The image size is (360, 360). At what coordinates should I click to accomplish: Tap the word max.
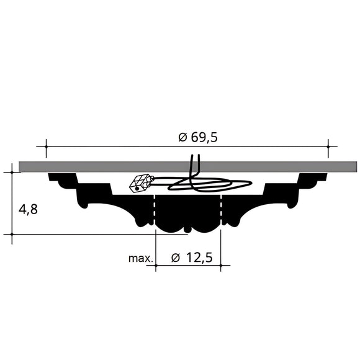click(x=140, y=257)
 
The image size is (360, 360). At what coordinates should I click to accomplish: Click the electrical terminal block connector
click(x=141, y=182)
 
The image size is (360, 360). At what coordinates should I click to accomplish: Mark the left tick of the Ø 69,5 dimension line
click(x=45, y=147)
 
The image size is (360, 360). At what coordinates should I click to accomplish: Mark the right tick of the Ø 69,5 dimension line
click(x=328, y=147)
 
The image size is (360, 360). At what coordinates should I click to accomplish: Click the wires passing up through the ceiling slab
click(x=193, y=166)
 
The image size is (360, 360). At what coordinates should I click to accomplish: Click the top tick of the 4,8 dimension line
click(x=12, y=172)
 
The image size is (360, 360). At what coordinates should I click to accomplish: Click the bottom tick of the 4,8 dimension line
click(x=12, y=234)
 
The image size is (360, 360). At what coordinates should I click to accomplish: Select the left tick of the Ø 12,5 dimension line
click(x=155, y=266)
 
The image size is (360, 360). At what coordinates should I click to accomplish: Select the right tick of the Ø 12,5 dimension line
click(x=220, y=266)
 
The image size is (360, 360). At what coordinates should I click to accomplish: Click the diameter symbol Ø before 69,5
click(x=182, y=138)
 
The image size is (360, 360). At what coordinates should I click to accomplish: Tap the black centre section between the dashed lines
click(x=187, y=214)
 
